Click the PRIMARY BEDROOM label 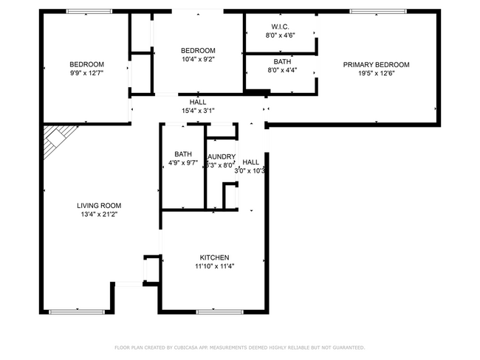tap(376, 65)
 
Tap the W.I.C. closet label tap(279, 27)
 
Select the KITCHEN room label tap(214, 257)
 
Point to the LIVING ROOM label tap(99, 206)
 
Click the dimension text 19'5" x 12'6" tap(376, 73)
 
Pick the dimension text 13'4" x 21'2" tap(99, 214)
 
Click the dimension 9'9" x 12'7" tap(86, 72)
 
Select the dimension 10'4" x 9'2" tap(198, 59)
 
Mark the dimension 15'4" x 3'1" tap(198, 111)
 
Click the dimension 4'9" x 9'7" tap(183, 162)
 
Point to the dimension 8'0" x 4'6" tap(279, 35)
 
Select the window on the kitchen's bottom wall tap(220, 311)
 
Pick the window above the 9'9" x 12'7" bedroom tap(89, 11)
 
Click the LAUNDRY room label tap(222, 157)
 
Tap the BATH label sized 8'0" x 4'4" tap(281, 62)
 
